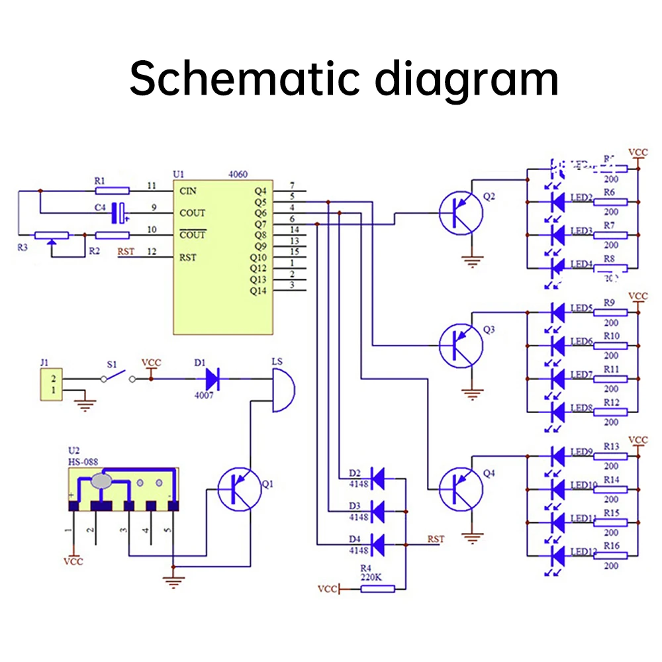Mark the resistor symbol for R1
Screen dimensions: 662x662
[113, 191]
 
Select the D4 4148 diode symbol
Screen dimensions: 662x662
[378, 544]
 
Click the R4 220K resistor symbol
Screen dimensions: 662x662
[377, 588]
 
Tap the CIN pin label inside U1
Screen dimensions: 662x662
[188, 191]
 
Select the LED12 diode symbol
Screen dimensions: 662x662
[557, 555]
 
